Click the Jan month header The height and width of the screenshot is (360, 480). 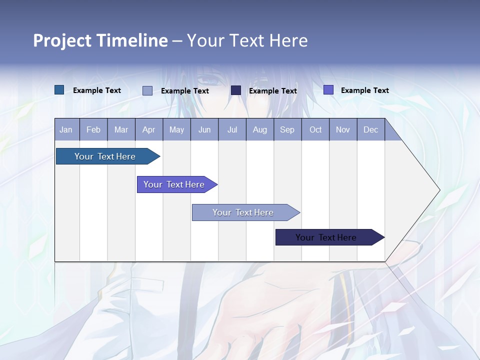tap(66, 129)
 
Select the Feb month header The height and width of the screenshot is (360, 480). tap(93, 129)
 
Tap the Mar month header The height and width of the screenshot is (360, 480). tap(121, 129)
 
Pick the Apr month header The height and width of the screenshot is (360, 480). tap(149, 129)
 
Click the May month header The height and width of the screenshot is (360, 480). tap(176, 129)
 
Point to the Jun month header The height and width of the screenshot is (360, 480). tap(204, 129)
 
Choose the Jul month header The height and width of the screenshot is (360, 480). tap(232, 129)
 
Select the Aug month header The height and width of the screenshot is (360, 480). tap(260, 129)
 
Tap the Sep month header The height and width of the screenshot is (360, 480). tap(287, 129)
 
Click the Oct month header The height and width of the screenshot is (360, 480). tap(315, 129)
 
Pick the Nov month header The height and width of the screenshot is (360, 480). tap(343, 129)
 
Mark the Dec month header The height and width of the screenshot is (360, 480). tap(371, 129)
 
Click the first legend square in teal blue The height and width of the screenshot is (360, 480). tap(59, 90)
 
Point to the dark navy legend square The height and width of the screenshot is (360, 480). tap(236, 90)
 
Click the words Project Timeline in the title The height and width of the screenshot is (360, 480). tap(100, 40)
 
